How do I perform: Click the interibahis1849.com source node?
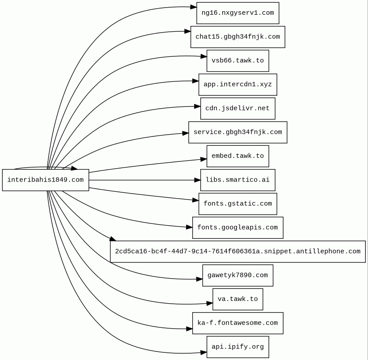[46, 180]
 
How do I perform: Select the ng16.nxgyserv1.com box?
[237, 13]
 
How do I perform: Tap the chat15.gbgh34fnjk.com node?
[237, 37]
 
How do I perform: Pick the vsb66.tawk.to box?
[237, 60]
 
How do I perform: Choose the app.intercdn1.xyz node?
[237, 85]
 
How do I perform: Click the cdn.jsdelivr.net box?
[237, 108]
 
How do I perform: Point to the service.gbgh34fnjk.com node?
[237, 132]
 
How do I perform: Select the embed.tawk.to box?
[237, 156]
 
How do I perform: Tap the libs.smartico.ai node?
[237, 180]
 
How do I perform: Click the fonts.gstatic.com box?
[237, 203]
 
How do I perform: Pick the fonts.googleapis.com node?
[237, 228]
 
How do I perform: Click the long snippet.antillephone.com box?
[237, 251]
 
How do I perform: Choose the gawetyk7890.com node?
[237, 275]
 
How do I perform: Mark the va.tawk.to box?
[237, 299]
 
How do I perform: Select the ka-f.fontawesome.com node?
[237, 323]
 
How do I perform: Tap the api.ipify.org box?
[237, 347]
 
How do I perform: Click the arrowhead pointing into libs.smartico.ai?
[197, 180]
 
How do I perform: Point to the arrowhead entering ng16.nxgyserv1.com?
[193, 7]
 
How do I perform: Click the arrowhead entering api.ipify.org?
[203, 352]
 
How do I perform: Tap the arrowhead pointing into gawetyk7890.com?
[199, 279]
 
